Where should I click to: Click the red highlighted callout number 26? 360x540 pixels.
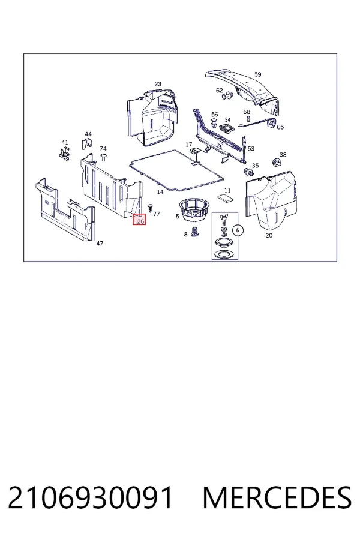point(140,220)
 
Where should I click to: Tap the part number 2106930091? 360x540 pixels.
point(90,497)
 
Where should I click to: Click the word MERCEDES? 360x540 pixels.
point(277,497)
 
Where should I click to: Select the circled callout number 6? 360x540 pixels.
point(238,230)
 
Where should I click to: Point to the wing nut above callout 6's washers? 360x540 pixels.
point(224,218)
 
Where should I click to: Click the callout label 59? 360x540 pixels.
point(257,74)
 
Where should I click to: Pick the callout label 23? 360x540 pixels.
point(158,84)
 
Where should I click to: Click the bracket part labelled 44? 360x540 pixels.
point(87,143)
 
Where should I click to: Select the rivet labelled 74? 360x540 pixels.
point(103,157)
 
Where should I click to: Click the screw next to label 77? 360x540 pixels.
point(150,208)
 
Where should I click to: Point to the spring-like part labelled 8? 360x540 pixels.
point(195,232)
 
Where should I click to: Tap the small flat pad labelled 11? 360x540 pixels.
point(225,198)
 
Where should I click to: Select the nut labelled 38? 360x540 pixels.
point(275,161)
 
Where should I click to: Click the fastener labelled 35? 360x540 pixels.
point(248,171)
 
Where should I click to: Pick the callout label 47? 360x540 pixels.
point(100,244)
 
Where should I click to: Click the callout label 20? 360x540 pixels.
point(269,236)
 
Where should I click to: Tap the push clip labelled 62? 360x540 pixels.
point(227,96)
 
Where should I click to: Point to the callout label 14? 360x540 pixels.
point(160,192)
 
